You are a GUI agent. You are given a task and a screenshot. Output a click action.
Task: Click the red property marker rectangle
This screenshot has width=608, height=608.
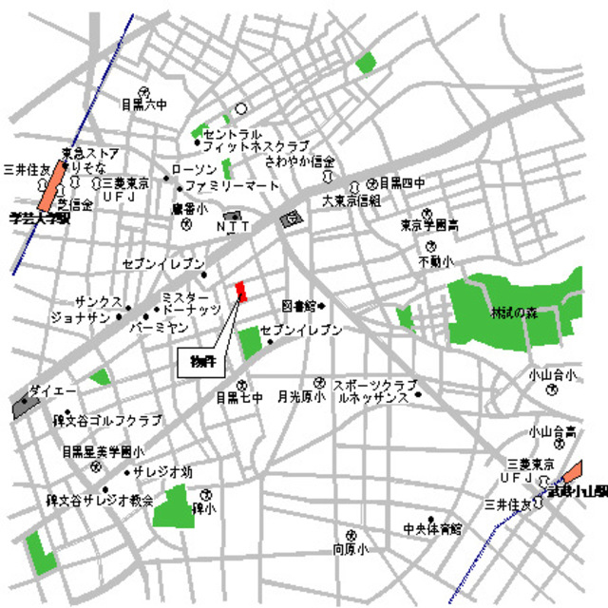tap(241, 291)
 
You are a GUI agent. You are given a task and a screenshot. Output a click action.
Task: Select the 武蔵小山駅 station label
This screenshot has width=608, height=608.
tap(574, 490)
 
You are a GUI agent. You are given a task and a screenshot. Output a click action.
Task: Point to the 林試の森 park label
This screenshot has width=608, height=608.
tap(514, 312)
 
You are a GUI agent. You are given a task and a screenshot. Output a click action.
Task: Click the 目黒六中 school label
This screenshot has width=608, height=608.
tap(143, 104)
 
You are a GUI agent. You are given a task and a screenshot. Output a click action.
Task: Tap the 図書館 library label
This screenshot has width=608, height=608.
tap(299, 306)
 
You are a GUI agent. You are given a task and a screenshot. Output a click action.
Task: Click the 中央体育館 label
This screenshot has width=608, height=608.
tap(431, 526)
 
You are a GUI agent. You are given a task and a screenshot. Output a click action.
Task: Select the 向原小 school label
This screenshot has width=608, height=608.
tap(350, 549)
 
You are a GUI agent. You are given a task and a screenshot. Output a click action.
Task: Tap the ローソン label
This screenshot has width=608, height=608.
tap(195, 169)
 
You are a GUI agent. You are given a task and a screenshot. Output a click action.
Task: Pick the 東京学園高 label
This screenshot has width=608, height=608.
tap(429, 226)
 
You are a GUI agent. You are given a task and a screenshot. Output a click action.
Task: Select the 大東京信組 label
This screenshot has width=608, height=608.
tap(351, 200)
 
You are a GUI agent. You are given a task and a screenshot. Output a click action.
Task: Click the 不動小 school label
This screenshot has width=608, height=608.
tap(436, 260)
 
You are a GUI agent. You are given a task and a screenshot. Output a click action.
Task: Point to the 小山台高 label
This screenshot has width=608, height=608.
tap(554, 432)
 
